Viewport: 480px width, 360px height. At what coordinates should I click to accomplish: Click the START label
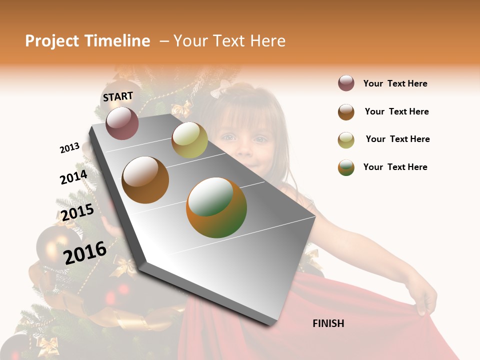[x=118, y=96]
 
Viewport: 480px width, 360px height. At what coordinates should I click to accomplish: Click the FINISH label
[x=328, y=323]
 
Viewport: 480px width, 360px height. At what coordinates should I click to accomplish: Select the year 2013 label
[x=69, y=148]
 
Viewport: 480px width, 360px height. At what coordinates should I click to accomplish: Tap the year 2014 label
[x=73, y=177]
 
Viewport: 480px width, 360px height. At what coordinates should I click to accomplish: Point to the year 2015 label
[x=77, y=212]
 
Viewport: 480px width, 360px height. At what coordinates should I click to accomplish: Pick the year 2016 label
[x=85, y=252]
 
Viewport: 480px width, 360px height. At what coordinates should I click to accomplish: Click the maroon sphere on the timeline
[x=122, y=123]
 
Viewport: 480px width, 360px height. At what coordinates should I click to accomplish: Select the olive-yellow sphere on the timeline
[x=189, y=140]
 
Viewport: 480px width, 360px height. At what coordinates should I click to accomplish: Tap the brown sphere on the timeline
[x=145, y=180]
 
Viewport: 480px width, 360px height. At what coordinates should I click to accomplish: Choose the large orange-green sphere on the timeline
[x=216, y=207]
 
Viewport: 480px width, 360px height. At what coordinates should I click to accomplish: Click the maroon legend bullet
[x=346, y=83]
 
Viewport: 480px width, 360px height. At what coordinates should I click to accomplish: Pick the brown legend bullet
[x=346, y=112]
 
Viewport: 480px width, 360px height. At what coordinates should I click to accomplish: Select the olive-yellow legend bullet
[x=346, y=140]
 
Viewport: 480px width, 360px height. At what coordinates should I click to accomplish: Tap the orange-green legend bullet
[x=346, y=167]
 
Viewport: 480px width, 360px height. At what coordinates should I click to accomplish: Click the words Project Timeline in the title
[x=87, y=41]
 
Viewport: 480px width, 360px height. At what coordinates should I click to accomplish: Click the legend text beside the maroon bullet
[x=395, y=83]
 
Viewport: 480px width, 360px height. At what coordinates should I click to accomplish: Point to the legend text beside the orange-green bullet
[x=395, y=167]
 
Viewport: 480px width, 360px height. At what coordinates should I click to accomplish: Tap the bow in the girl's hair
[x=220, y=90]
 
